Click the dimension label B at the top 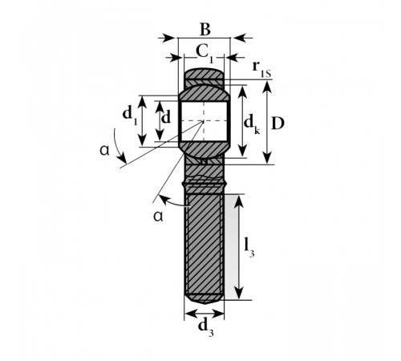205,30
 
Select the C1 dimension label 205,54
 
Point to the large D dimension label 277,124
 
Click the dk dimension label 252,124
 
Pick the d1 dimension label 130,115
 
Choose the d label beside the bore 166,117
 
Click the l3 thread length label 249,247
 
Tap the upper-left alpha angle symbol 105,151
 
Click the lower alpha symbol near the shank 158,216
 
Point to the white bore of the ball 204,121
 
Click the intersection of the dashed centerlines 204,121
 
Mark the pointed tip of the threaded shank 205,304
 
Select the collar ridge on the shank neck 205,184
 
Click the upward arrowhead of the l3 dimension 240,201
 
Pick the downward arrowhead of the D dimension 267,157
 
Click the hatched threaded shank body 205,245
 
